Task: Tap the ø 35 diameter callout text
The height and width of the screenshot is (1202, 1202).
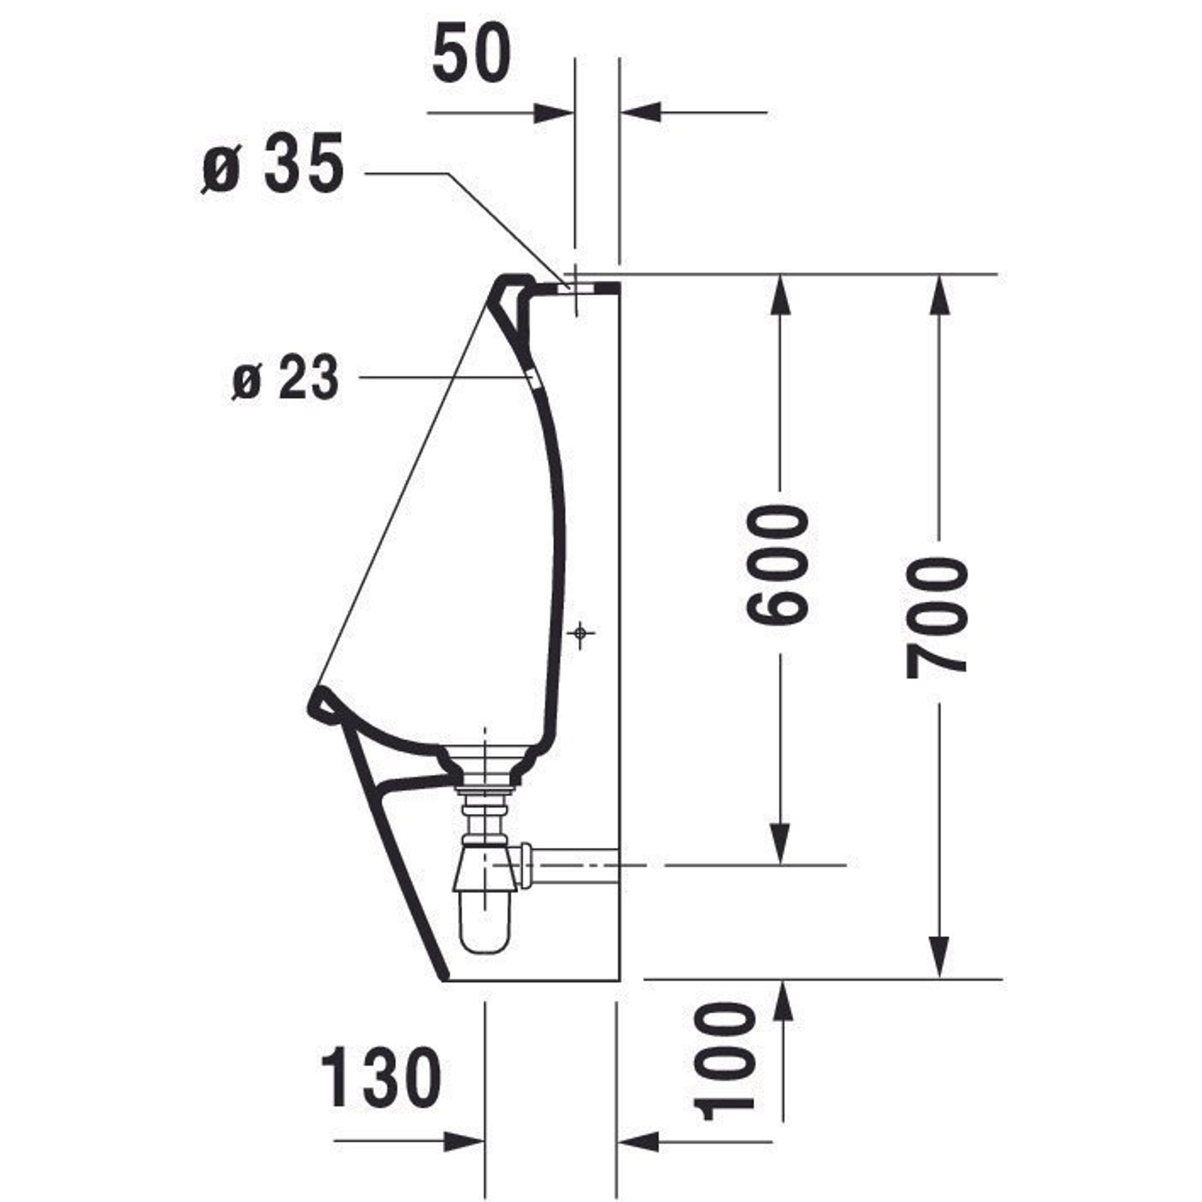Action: pyautogui.click(x=272, y=164)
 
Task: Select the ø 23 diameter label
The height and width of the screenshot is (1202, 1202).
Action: pyautogui.click(x=285, y=377)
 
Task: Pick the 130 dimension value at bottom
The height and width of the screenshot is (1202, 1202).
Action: pyautogui.click(x=381, y=1078)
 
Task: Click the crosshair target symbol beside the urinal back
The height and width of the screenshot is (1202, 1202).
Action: pyautogui.click(x=580, y=633)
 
